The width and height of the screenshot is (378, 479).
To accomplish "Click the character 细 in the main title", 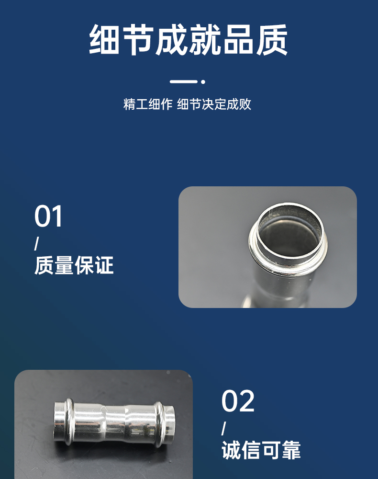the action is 104,40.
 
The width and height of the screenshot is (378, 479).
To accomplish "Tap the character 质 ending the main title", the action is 272,40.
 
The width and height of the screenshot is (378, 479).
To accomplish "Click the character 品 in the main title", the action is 238,40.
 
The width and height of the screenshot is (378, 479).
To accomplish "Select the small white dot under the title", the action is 203,81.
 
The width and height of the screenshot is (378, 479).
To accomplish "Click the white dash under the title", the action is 184,81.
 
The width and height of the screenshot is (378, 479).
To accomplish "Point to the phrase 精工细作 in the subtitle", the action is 148,104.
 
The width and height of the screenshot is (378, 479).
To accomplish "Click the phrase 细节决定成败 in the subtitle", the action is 214,104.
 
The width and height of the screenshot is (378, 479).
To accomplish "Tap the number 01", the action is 48,217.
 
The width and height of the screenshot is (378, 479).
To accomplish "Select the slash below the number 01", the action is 36,243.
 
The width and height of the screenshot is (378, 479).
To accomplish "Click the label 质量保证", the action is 74,265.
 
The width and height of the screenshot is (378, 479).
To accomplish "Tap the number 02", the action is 238,401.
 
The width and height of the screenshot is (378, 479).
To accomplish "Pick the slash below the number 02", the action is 223,428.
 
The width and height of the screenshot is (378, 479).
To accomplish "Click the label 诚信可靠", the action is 261,450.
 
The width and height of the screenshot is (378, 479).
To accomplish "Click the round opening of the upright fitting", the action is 290,232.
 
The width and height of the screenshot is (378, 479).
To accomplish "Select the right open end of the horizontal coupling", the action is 170,425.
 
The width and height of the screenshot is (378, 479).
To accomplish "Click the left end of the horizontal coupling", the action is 58,422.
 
